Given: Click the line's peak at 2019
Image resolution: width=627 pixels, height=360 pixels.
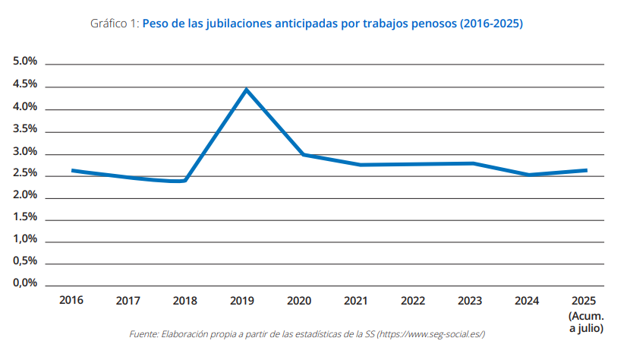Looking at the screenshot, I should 246,90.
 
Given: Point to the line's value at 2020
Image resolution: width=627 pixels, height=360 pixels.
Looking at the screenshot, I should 303,154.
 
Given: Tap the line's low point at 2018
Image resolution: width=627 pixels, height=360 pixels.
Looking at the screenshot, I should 184,181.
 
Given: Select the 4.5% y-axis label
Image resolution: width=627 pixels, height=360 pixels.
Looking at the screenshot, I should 25,84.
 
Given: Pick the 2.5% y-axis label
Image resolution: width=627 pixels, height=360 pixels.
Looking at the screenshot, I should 25,173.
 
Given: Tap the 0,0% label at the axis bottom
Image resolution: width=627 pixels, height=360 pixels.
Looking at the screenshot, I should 25,283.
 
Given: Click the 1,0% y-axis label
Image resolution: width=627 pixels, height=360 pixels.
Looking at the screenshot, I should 25,239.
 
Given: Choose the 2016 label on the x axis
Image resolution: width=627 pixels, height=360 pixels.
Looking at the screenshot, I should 71,300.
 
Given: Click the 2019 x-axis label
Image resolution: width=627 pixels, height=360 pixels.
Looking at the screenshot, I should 242,300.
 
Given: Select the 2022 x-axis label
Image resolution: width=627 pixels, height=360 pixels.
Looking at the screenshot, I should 413,300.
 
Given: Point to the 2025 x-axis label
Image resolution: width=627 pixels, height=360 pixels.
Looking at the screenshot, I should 584,300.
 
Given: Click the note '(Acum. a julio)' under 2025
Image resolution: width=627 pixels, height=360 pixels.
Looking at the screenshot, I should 586,322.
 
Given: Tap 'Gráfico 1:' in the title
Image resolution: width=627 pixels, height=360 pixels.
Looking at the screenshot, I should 115,24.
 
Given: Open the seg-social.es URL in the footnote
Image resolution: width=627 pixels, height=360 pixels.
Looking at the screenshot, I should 433,335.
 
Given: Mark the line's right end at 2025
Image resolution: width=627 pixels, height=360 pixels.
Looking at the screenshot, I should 586,170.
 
